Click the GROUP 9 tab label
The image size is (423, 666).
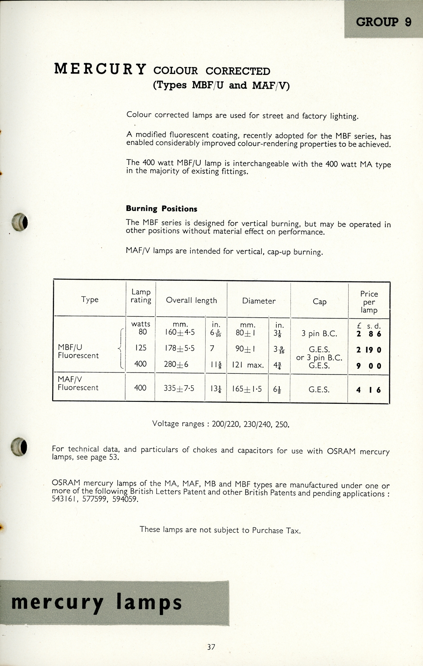coord(383,22)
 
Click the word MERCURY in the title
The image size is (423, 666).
coord(100,69)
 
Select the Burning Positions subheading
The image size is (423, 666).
coord(161,209)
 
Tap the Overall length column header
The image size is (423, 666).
coord(191,300)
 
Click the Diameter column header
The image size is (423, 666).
coord(259,301)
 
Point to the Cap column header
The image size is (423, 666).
coord(319,301)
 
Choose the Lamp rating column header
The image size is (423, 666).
coord(141,296)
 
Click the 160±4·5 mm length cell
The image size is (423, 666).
coord(180,332)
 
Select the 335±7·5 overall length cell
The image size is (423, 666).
coord(179,389)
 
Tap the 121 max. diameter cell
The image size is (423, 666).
coord(248,365)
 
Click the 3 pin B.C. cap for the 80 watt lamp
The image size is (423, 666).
coord(319,333)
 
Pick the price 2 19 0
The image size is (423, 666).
coord(368,350)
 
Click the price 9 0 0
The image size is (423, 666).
coord(368,366)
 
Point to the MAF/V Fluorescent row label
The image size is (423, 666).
coord(78,383)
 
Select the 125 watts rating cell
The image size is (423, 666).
coord(140,348)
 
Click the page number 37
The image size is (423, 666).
coord(211,647)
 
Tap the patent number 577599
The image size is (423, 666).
coord(96,499)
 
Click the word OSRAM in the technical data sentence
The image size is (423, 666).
coord(341,451)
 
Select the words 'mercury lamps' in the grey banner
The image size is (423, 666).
coord(96,602)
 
